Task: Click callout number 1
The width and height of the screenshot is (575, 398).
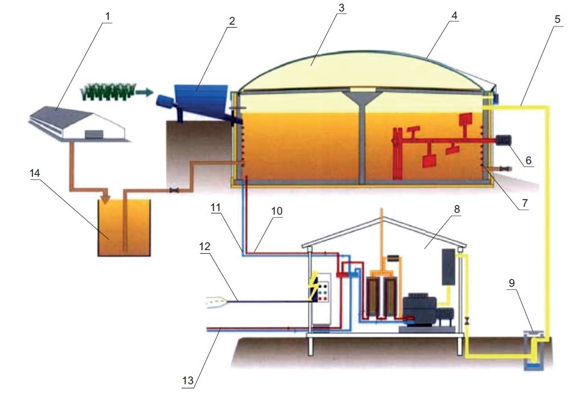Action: point(108,16)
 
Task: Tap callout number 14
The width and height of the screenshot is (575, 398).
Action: point(35,173)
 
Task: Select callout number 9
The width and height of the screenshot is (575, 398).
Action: point(512,283)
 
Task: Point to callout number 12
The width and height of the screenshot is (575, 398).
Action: point(204,246)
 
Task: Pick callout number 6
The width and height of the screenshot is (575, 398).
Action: point(529,160)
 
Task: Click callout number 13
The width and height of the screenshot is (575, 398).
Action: point(188,381)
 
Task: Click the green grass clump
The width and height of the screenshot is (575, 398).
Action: point(108,91)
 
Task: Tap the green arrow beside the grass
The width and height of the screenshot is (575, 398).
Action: point(144,92)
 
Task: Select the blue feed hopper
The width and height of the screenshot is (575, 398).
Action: point(201,100)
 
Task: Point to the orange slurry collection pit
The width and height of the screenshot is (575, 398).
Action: point(125,228)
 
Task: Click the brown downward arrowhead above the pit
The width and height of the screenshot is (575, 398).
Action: point(106,198)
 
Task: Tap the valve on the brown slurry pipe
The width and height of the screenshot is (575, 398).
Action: point(174,191)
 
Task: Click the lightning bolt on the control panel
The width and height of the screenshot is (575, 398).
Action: point(315,286)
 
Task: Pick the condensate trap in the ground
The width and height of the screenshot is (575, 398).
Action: point(534,350)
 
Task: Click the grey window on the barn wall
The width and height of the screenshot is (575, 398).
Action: point(92,134)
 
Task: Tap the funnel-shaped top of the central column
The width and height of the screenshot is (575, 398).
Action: point(362,99)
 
